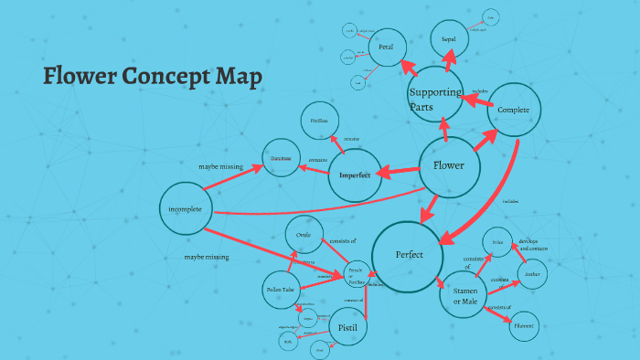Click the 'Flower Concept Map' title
pyautogui.click(x=153, y=77)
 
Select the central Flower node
pyautogui.click(x=449, y=167)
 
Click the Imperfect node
pyautogui.click(x=355, y=175)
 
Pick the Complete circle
pyautogui.click(x=515, y=110)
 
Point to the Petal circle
pyautogui.click(x=387, y=47)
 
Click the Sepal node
pyautogui.click(x=449, y=40)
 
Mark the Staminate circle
pyautogui.click(x=281, y=158)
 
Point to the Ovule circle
pyautogui.click(x=304, y=236)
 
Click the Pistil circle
pyautogui.click(x=347, y=326)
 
